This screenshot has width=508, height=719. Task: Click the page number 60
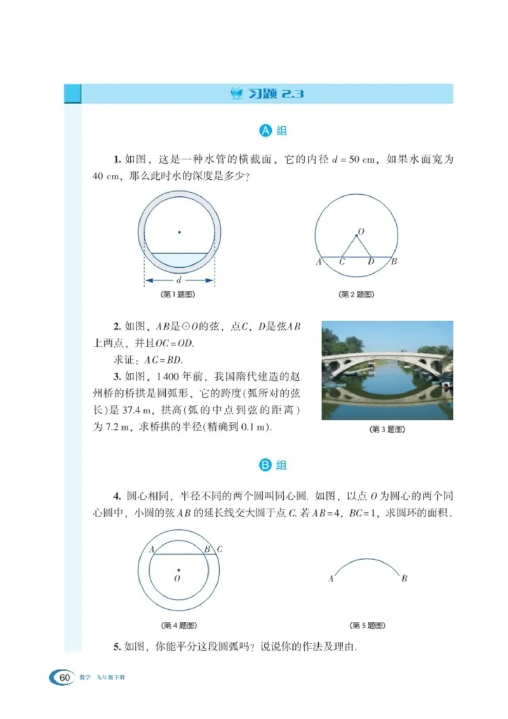pyautogui.click(x=64, y=676)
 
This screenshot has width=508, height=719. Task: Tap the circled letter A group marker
pyautogui.click(x=266, y=131)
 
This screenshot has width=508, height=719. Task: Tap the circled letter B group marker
pyautogui.click(x=266, y=465)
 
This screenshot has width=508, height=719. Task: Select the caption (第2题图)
pyautogui.click(x=356, y=294)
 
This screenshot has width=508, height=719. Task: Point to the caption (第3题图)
pyautogui.click(x=387, y=430)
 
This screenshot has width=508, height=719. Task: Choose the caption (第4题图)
pyautogui.click(x=178, y=625)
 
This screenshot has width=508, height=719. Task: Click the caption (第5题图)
pyautogui.click(x=368, y=625)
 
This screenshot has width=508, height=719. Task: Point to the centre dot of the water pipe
pyautogui.click(x=179, y=232)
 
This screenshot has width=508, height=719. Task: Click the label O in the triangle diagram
pyautogui.click(x=360, y=233)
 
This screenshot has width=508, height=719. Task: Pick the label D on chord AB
pyautogui.click(x=371, y=261)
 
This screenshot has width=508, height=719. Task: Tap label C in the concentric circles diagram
pyautogui.click(x=220, y=550)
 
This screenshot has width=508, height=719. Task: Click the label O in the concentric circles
pyautogui.click(x=177, y=579)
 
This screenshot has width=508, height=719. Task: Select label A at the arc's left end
pyautogui.click(x=331, y=579)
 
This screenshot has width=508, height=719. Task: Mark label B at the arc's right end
pyautogui.click(x=404, y=579)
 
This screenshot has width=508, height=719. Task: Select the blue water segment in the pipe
pyautogui.click(x=179, y=260)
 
